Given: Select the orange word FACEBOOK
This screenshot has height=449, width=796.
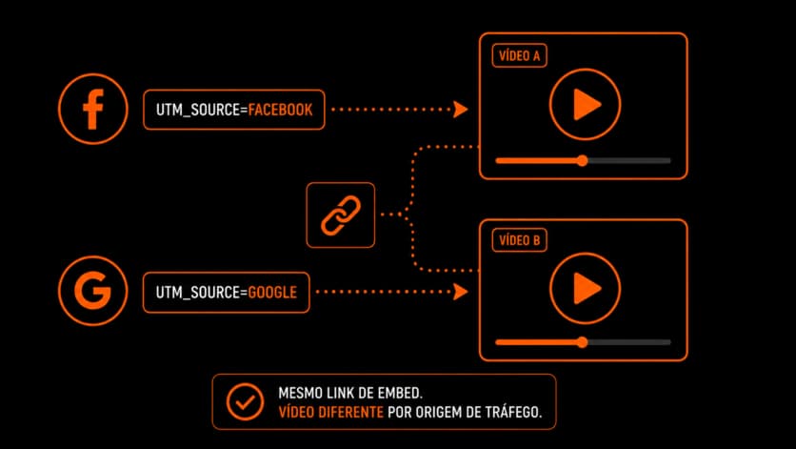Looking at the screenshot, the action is pos(280,110).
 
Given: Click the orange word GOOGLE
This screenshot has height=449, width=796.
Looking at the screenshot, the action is pos(272,293).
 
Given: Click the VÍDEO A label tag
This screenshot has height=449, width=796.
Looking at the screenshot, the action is pos(519,55).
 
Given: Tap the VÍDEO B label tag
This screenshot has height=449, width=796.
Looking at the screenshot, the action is pos(519,240).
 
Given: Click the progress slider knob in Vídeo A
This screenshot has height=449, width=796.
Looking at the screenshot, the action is pos(583,161).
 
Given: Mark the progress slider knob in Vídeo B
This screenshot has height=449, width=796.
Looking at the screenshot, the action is pos(583,342).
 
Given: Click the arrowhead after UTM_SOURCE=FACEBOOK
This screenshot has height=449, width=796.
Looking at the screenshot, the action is pos(460,110).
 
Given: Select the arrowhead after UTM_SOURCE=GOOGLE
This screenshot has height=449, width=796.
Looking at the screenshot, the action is pos(460,292).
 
